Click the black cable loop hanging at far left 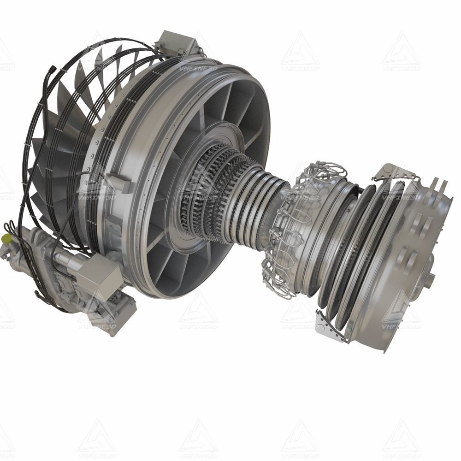[x=12, y=230]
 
